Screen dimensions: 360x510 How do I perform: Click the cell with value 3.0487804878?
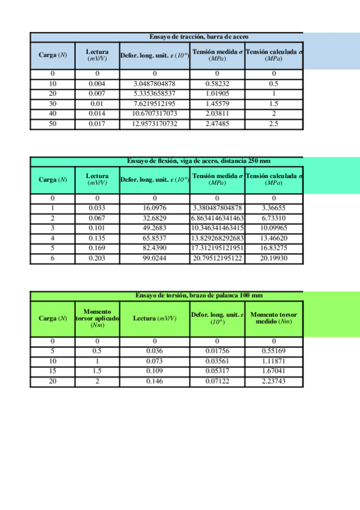[x=154, y=83]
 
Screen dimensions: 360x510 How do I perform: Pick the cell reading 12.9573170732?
[x=154, y=123]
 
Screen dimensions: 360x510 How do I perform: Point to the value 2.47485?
[x=217, y=123]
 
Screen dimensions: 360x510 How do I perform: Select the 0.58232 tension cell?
[x=217, y=83]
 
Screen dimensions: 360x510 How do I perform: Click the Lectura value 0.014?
[x=97, y=113]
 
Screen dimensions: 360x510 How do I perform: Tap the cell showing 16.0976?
[x=154, y=207]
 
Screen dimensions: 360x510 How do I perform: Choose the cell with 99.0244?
[x=154, y=258]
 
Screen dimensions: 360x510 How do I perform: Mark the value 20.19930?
[x=273, y=258]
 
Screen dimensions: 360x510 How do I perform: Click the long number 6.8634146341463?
[x=217, y=218]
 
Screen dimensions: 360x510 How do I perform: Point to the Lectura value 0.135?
[x=97, y=238]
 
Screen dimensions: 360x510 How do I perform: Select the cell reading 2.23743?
[x=273, y=381]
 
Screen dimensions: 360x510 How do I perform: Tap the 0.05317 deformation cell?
[x=217, y=371]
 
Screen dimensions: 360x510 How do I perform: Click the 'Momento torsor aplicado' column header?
[x=97, y=318]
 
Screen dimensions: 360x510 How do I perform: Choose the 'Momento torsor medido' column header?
[x=273, y=318]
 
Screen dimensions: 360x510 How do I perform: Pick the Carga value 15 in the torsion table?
[x=53, y=371]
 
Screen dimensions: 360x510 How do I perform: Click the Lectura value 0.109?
[x=154, y=371]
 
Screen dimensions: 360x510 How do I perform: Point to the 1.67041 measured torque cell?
[x=273, y=371]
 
